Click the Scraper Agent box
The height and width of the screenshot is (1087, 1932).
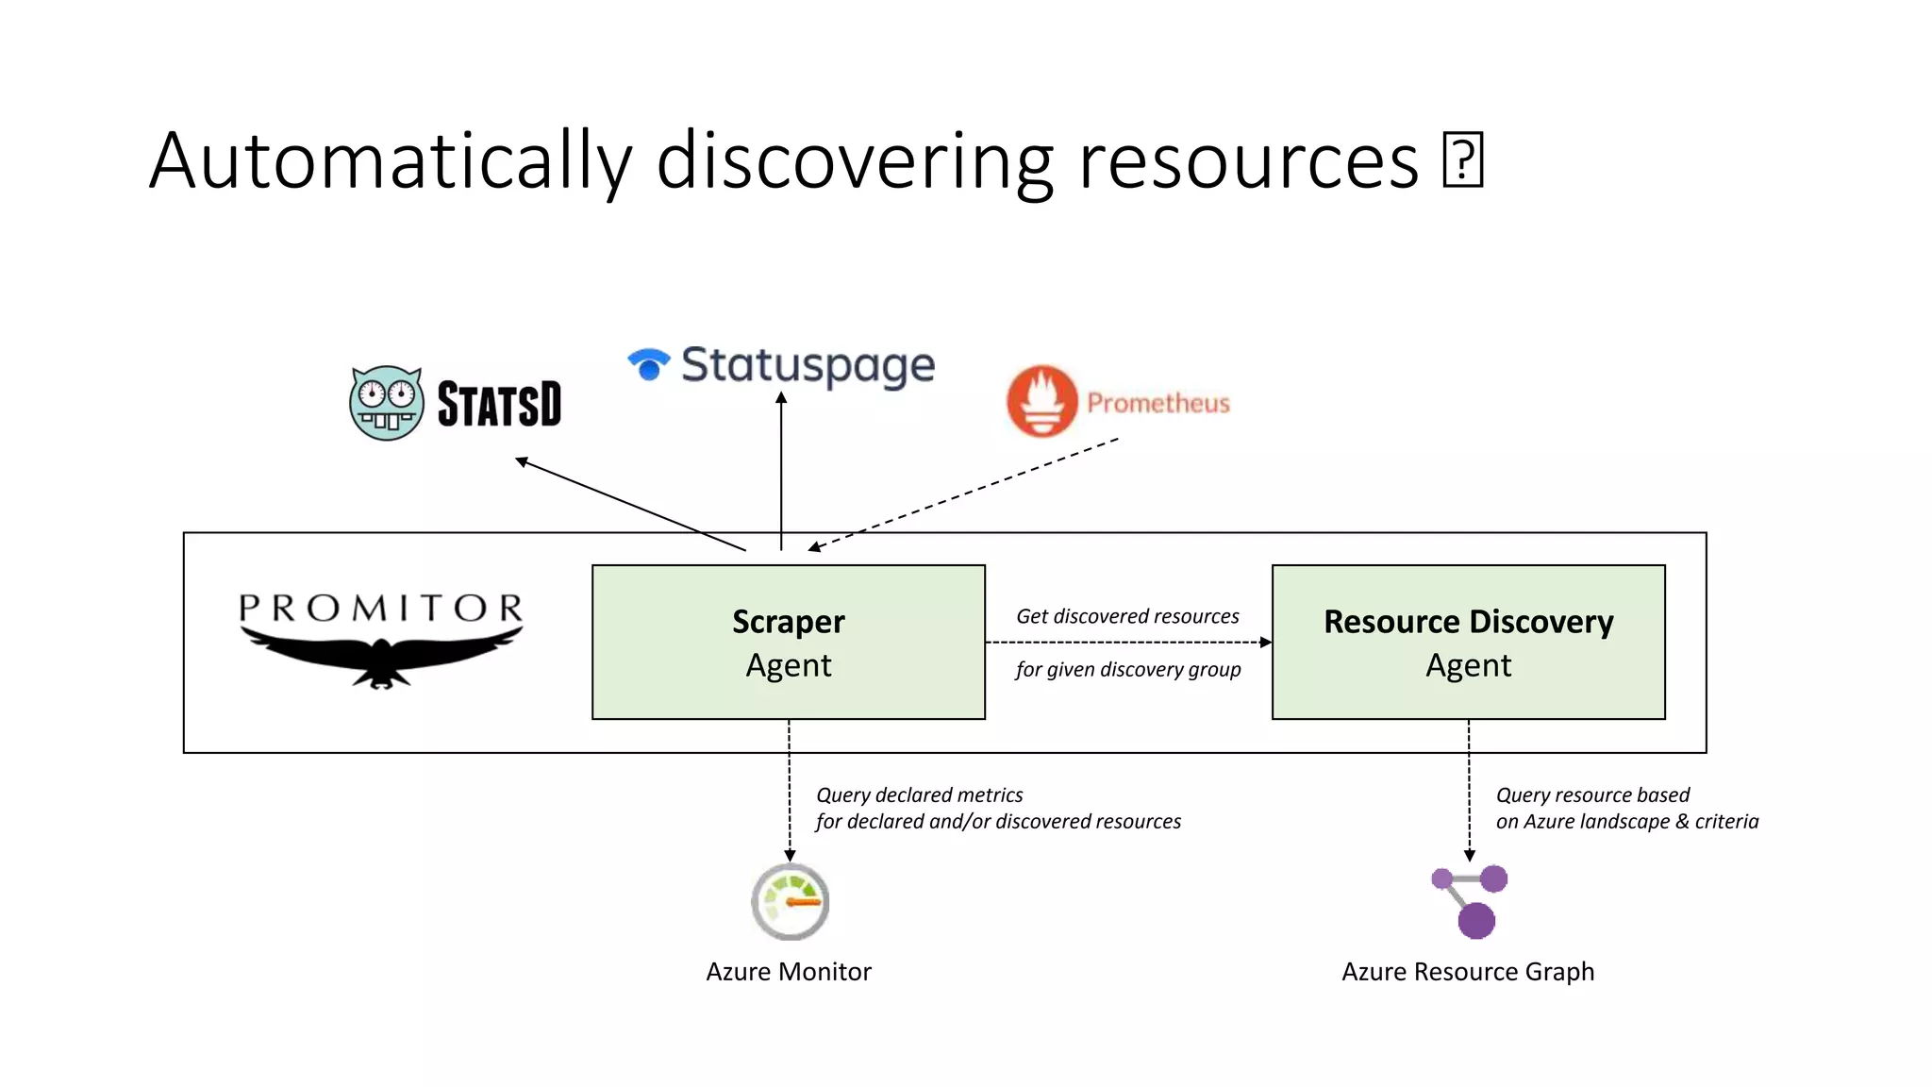788,642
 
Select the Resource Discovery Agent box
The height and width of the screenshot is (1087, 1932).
1468,642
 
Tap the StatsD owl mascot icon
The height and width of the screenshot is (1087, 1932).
386,403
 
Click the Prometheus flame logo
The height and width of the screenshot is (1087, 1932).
1041,401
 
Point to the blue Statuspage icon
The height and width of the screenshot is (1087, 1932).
648,363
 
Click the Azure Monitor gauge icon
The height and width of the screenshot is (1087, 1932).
790,902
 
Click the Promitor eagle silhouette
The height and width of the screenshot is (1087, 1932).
381,658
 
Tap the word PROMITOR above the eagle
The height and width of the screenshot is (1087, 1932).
381,609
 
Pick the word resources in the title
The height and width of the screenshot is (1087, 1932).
1247,161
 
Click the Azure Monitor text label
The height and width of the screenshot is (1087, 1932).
789,972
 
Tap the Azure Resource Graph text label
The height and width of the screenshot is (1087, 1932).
1468,972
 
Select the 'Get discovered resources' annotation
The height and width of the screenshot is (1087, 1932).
1127,616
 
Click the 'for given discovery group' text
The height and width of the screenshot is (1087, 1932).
1128,669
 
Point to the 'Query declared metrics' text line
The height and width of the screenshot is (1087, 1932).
919,794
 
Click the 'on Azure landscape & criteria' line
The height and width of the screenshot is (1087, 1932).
1626,821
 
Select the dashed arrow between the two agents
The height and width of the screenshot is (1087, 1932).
1127,643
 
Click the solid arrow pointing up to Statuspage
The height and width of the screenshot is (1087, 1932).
781,472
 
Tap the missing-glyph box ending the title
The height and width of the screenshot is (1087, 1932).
1463,159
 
